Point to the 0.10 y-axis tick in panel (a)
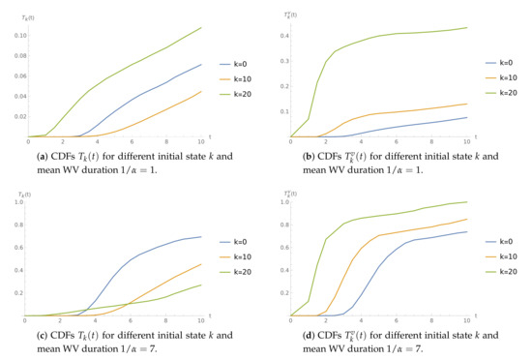point(19,35)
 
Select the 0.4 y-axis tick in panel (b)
point(283,36)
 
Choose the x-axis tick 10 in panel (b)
point(467,143)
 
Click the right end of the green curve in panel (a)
point(201,27)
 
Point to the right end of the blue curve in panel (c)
point(201,210)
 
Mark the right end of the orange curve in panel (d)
point(467,218)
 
